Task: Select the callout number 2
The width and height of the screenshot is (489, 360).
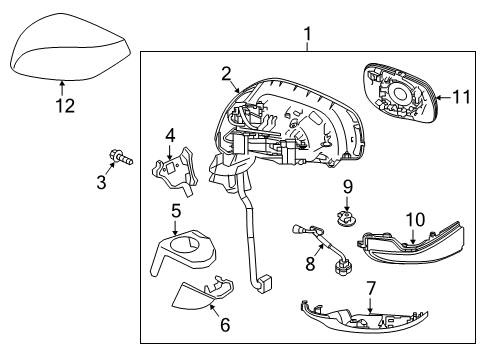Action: click(x=227, y=72)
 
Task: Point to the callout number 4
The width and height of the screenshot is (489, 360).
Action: click(x=170, y=133)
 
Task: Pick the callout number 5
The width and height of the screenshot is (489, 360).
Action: click(x=175, y=212)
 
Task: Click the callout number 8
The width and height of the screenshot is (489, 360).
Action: click(x=309, y=266)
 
